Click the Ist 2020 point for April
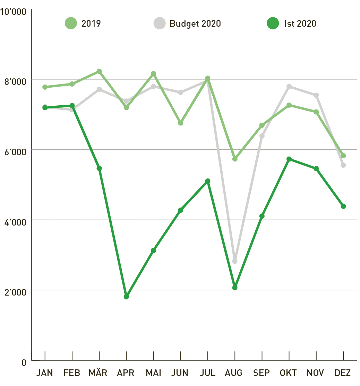126,297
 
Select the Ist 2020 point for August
235,288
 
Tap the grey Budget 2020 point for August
235,261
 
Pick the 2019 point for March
99,71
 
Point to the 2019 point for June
181,123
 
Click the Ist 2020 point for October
289,159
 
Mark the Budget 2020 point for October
289,86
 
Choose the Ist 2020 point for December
343,206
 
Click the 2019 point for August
235,159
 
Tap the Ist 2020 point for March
99,168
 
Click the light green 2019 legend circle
71,24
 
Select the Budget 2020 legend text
195,24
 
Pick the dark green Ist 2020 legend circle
273,24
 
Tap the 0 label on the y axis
24,362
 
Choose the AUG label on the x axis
234,373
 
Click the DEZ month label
343,373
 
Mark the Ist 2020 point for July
208,181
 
